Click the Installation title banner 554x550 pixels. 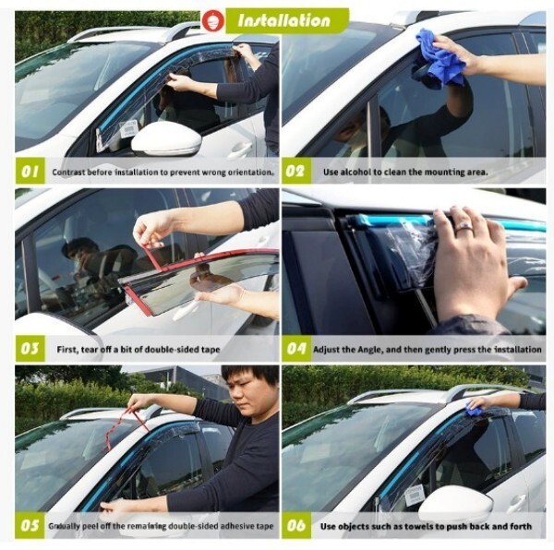pyautogui.click(x=287, y=20)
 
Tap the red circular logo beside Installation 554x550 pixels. pyautogui.click(x=213, y=20)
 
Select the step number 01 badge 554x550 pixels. pyautogui.click(x=30, y=172)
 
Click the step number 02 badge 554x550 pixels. pyautogui.click(x=296, y=172)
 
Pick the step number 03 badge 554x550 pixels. pyautogui.click(x=30, y=349)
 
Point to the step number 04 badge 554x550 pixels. pyautogui.click(x=296, y=349)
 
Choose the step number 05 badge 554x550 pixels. pyautogui.click(x=30, y=525)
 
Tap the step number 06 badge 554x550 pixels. pyautogui.click(x=296, y=525)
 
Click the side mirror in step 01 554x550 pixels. pyautogui.click(x=167, y=138)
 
